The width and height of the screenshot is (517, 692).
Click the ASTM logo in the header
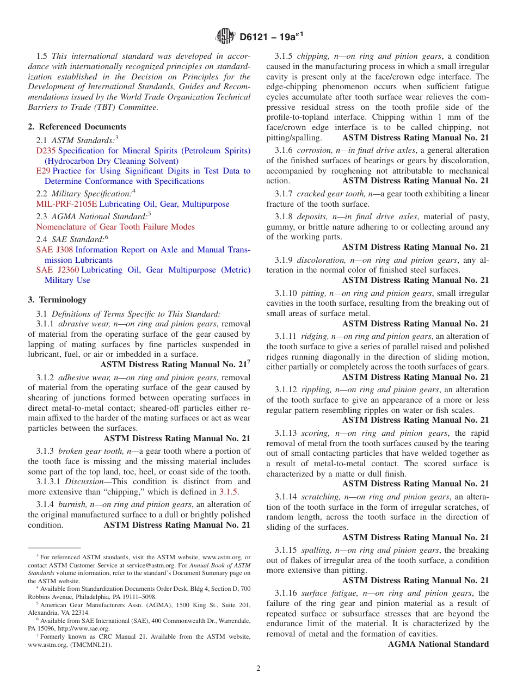click(225, 36)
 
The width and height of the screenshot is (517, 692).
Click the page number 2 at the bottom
click(258, 669)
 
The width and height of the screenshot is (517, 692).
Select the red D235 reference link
click(46, 151)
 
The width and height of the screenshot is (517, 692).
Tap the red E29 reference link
click(43, 171)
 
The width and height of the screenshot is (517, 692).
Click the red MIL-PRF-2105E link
click(66, 204)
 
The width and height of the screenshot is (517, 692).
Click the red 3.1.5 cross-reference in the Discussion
click(229, 492)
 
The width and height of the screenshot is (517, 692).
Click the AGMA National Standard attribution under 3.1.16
click(438, 644)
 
